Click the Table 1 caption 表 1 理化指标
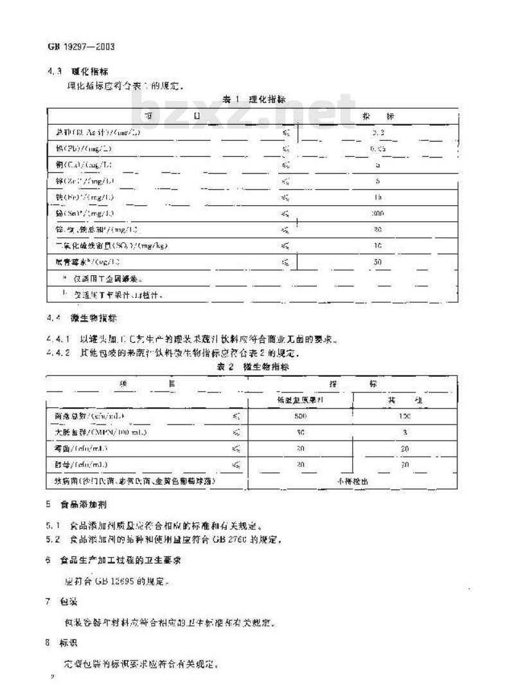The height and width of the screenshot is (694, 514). [254, 99]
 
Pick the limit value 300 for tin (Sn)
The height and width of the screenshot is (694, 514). [378, 213]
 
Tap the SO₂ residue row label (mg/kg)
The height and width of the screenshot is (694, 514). [113, 245]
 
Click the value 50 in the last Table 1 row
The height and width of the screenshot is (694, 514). [378, 262]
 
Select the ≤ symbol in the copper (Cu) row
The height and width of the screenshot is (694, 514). [287, 165]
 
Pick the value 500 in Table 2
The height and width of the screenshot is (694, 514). [301, 416]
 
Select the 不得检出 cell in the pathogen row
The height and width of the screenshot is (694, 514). [352, 480]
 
